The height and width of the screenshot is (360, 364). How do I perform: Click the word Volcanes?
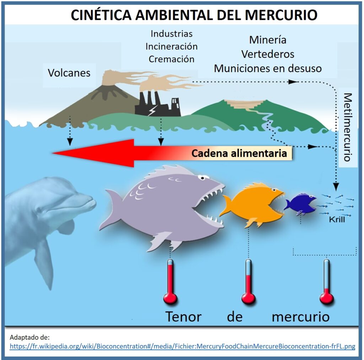point(69,73)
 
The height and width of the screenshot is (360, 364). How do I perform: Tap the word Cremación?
point(171,59)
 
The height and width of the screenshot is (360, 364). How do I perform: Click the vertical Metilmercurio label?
point(348,127)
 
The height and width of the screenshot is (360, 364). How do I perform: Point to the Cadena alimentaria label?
point(239,154)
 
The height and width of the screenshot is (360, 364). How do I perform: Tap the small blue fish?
point(299,203)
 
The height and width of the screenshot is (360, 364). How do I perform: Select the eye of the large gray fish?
point(201,176)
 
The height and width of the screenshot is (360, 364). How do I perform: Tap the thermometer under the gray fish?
point(170,281)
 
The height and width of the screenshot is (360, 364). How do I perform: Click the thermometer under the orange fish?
point(248,281)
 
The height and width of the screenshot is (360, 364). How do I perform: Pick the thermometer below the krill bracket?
point(326,281)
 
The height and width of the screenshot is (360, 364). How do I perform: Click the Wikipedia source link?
point(182,346)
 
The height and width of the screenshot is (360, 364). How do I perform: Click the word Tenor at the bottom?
point(183,316)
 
